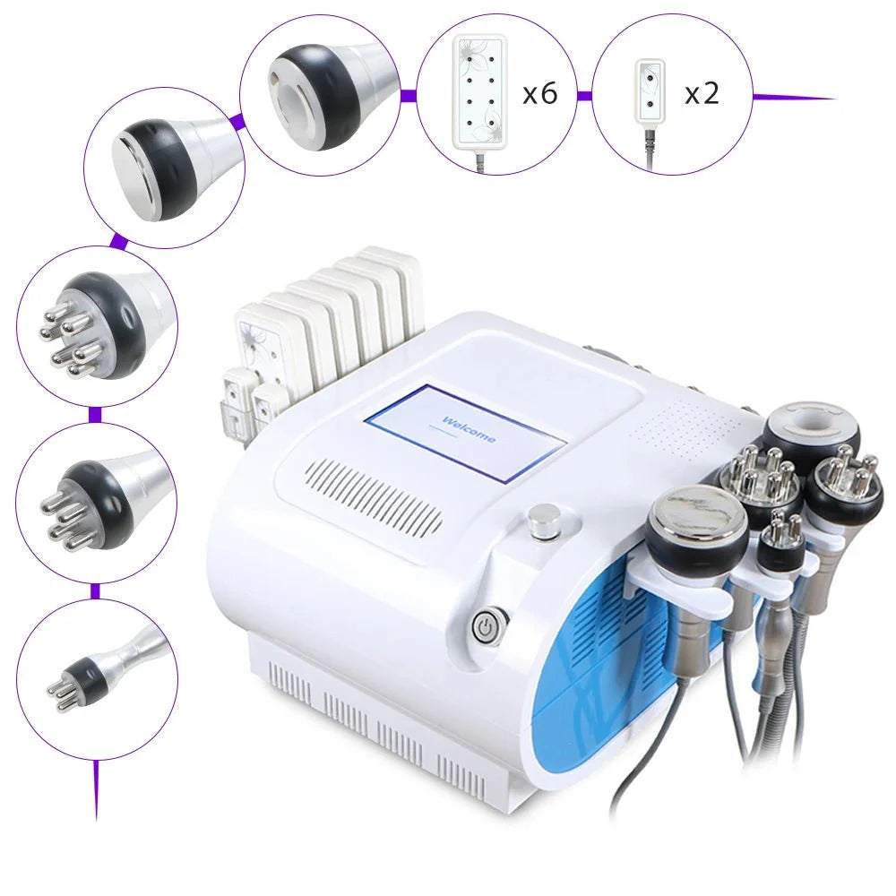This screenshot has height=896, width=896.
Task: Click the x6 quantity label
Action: tap(540, 92)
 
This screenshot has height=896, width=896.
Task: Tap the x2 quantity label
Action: tap(702, 92)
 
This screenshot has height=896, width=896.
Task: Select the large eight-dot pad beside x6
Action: tap(481, 90)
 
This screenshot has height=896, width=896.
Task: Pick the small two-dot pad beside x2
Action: tap(650, 91)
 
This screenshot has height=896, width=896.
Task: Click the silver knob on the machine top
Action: tap(543, 521)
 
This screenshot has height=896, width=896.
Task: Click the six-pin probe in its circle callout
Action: tap(90, 327)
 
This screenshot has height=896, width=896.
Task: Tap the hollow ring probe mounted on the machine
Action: tap(811, 430)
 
